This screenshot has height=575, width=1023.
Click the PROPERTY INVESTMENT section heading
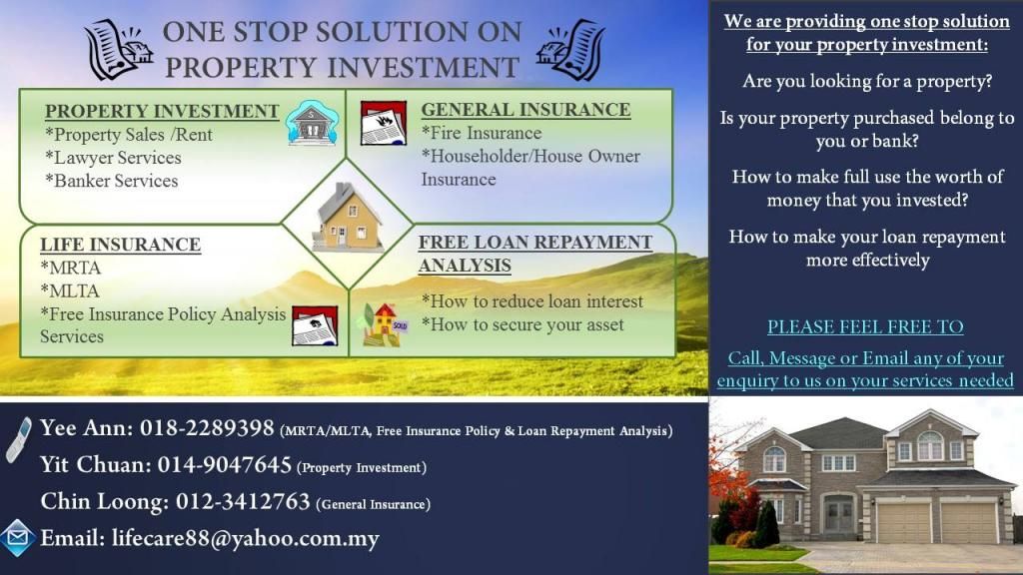(162, 112)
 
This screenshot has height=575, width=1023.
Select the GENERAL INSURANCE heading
(525, 110)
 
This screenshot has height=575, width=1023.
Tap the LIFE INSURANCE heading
(120, 245)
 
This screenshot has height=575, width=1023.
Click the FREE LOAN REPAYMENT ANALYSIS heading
(535, 254)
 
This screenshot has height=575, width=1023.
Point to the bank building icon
(313, 123)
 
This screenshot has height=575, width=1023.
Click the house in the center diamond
(347, 218)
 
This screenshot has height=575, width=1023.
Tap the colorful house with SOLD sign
(385, 324)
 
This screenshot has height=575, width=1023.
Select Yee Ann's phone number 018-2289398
(207, 428)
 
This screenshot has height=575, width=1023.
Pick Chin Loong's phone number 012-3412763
(243, 501)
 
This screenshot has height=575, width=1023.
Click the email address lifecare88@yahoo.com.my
(246, 539)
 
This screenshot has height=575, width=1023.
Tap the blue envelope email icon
(18, 538)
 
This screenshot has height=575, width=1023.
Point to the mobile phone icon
(19, 440)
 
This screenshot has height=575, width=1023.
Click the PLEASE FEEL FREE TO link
(865, 326)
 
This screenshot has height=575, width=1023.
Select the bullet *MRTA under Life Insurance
(71, 268)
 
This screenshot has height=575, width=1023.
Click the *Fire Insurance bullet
(482, 133)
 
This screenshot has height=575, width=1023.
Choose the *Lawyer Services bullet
(113, 158)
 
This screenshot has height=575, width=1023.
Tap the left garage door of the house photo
(904, 522)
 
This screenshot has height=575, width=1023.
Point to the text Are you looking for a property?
(867, 82)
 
